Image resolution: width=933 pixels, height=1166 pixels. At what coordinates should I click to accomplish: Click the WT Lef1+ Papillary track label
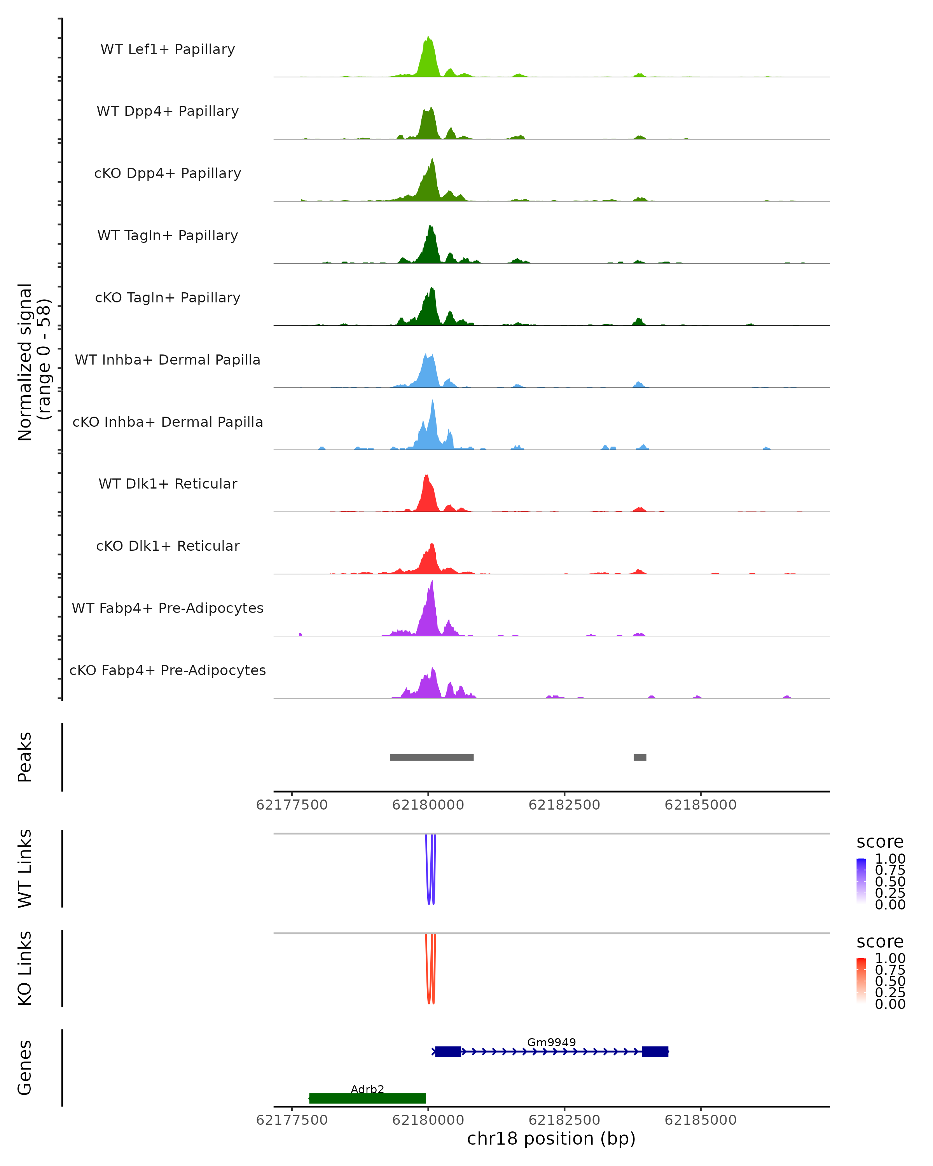(168, 49)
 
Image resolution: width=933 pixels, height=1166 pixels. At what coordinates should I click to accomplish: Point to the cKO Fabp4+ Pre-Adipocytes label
(168, 670)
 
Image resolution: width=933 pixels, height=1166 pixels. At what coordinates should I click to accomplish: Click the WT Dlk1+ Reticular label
(168, 484)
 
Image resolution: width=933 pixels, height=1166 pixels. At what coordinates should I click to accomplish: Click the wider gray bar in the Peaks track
(432, 757)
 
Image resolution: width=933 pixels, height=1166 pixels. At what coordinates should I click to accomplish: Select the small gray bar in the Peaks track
(640, 757)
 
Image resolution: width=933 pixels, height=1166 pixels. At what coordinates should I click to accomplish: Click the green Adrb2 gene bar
(367, 1098)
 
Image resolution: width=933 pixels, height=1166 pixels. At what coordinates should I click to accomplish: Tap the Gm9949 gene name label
(551, 1042)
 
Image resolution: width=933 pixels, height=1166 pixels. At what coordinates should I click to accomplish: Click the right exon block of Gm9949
(655, 1051)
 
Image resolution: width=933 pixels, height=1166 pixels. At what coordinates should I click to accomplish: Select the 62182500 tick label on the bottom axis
(564, 1119)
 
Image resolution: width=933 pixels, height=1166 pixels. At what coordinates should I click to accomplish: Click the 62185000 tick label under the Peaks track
(701, 805)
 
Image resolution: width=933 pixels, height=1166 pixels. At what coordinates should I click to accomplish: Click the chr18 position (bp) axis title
(551, 1138)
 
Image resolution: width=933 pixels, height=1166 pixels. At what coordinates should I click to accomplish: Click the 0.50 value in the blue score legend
(890, 881)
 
